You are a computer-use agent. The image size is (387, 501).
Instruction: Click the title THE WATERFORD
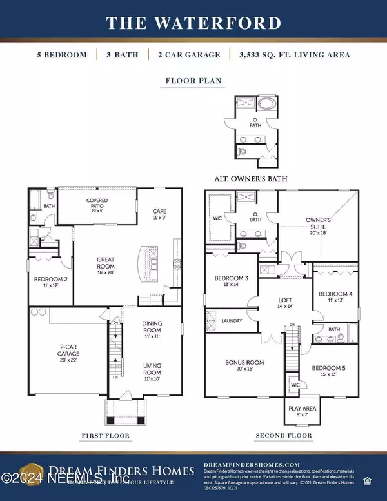coord(193,24)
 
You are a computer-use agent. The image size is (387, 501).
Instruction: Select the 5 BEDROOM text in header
coord(62,55)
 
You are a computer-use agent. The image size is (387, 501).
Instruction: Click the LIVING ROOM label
coord(152,371)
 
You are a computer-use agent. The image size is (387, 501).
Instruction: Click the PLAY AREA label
coord(298,410)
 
